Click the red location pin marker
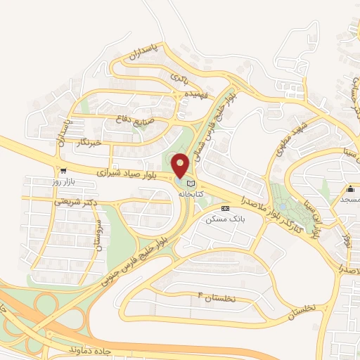point(180,165)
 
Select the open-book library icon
point(191,183)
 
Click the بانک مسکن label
point(224,219)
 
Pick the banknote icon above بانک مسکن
point(225,209)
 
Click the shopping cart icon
point(64,171)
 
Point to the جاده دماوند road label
point(96,349)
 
